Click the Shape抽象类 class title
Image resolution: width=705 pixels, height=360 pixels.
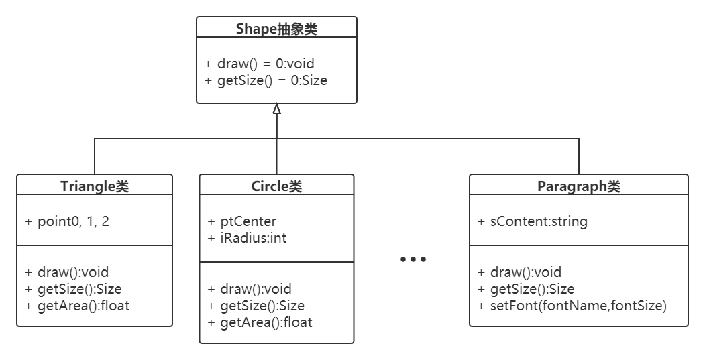(276, 28)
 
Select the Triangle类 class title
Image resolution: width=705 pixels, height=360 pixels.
(95, 186)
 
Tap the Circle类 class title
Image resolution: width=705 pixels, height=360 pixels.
(276, 186)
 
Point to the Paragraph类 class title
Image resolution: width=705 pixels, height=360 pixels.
(578, 186)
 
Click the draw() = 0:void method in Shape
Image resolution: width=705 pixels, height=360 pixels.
(260, 64)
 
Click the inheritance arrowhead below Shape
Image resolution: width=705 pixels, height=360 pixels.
(276, 109)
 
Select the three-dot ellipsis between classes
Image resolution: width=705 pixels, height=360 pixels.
(413, 259)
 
